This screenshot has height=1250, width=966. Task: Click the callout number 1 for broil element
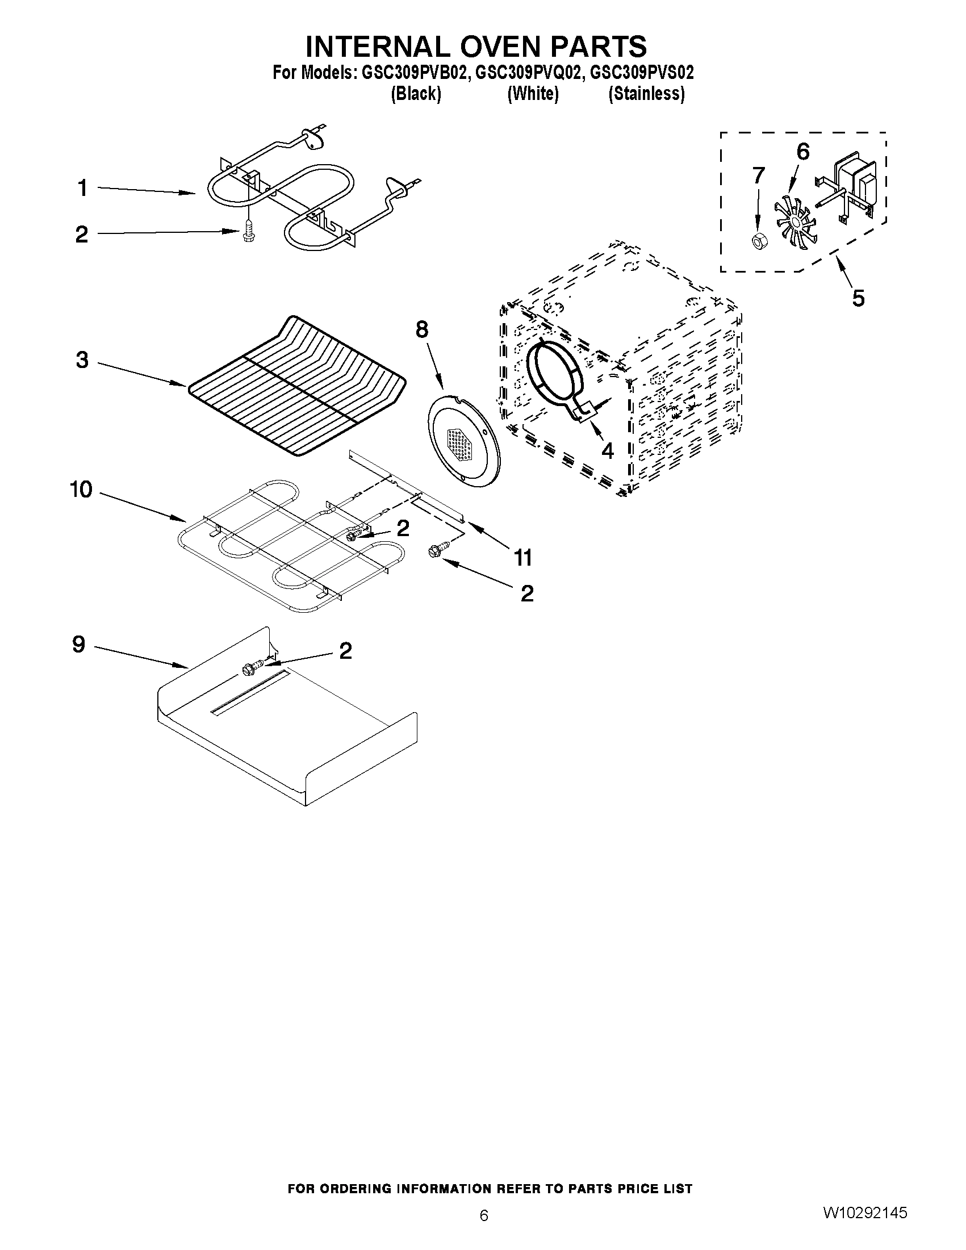[x=83, y=189]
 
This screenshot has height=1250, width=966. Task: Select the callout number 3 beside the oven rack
[x=82, y=360]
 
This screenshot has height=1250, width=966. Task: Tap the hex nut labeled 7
[x=759, y=242]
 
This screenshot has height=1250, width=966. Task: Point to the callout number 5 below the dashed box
[x=858, y=298]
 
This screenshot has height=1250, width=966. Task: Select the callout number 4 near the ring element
[x=607, y=451]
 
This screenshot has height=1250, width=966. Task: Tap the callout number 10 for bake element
[x=81, y=490]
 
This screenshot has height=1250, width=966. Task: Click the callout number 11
[x=523, y=557]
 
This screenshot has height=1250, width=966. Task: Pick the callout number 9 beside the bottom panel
[x=79, y=645]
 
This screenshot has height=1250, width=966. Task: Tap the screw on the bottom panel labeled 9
[x=252, y=667]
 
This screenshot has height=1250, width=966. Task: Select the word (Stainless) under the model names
[x=646, y=93]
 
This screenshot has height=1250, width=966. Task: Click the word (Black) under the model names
[x=416, y=93]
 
